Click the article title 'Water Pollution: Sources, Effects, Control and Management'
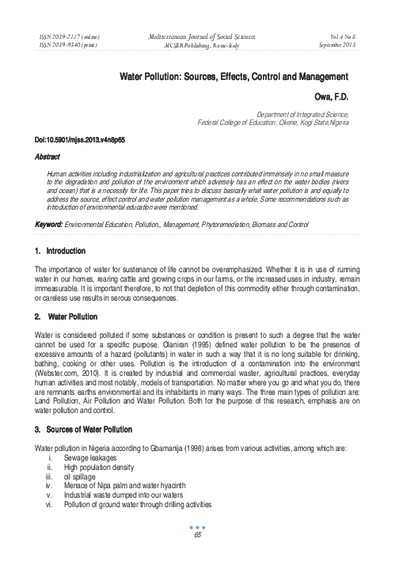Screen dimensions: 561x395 [234, 78]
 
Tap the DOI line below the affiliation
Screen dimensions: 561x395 [79, 139]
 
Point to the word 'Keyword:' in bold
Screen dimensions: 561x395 [49, 226]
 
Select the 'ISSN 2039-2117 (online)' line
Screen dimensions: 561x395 [69, 38]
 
